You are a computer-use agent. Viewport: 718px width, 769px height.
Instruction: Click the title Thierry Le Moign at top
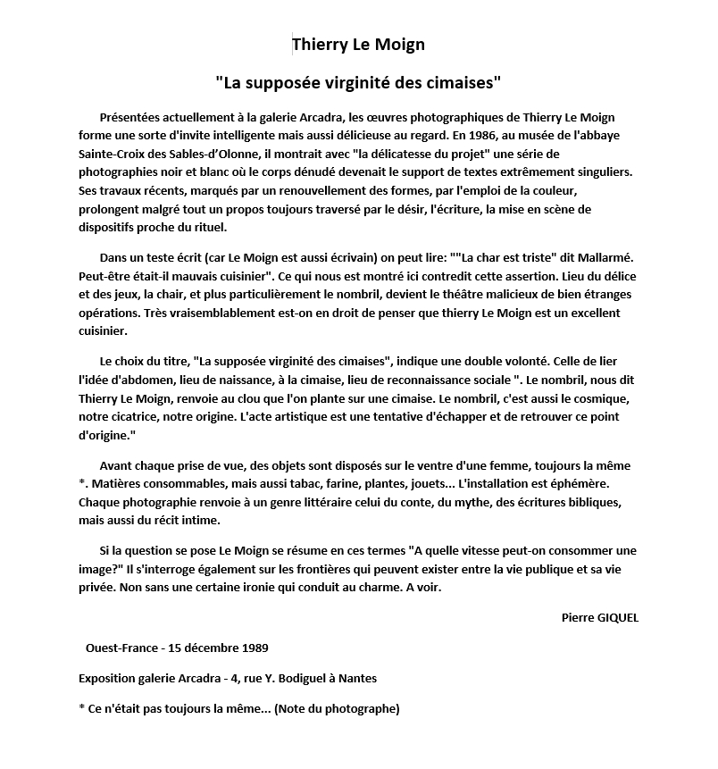click(358, 44)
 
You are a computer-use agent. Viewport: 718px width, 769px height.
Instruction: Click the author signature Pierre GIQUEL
click(600, 617)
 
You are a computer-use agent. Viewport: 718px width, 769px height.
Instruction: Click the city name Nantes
click(356, 678)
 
